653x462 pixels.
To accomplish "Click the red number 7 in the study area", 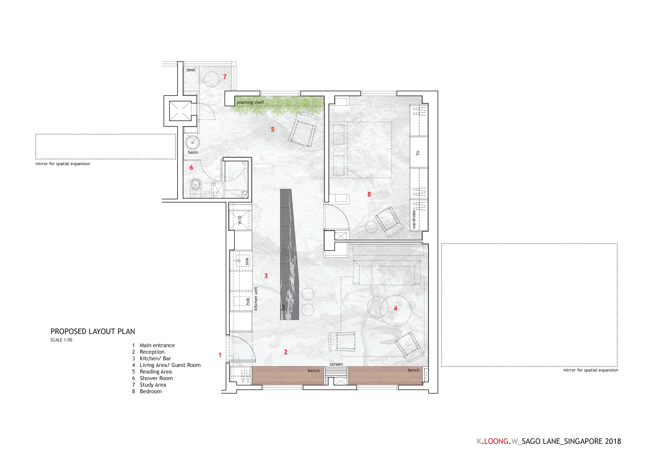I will point(225,77).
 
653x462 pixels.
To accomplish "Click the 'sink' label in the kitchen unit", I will point(247,261).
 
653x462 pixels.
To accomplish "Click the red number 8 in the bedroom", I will point(369,194).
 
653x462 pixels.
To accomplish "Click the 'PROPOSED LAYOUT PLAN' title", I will point(93,331).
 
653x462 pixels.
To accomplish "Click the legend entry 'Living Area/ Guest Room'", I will point(170,365).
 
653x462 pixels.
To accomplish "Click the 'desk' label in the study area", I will point(191,70).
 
